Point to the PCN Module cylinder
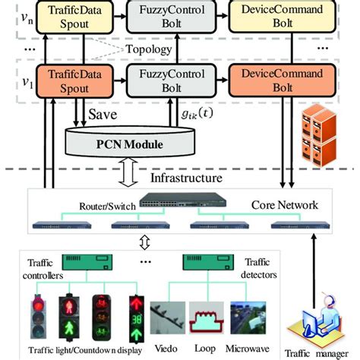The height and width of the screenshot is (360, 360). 137,141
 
